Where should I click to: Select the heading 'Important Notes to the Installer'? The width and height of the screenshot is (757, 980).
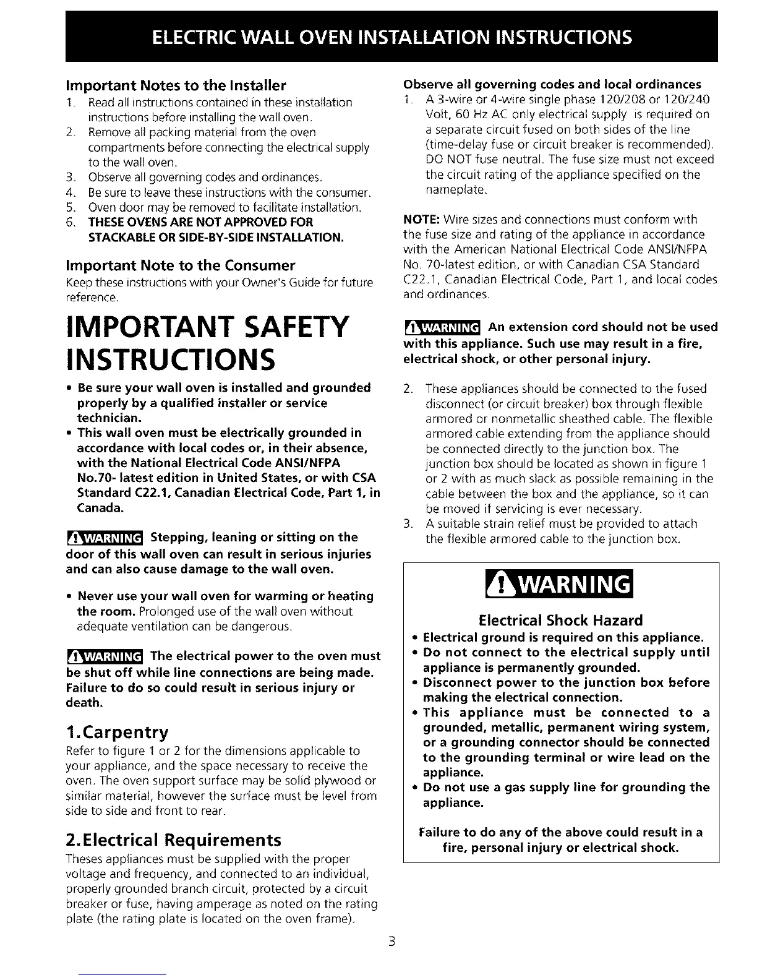pos(176,85)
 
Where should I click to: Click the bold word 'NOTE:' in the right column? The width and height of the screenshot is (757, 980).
pos(422,220)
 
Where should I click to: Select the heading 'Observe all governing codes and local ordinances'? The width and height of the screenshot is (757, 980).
pos(552,84)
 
